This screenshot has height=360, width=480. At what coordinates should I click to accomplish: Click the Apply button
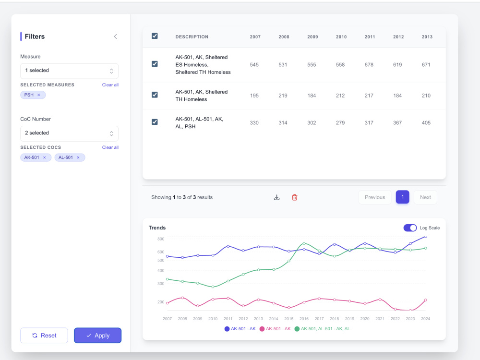[x=97, y=335]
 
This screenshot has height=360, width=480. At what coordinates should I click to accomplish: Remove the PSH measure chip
[x=38, y=95]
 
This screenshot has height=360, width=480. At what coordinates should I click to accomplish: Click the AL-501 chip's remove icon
[x=78, y=157]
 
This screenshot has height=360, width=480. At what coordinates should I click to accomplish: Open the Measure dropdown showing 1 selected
[x=69, y=71]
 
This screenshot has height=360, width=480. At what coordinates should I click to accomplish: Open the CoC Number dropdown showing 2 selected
[x=69, y=133]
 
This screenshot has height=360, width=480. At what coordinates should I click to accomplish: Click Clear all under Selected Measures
[x=110, y=85]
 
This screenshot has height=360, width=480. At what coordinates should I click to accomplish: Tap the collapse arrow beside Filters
[x=115, y=36]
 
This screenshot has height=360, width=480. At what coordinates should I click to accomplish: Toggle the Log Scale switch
[x=410, y=228]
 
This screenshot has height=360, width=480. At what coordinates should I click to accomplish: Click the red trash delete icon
[x=295, y=197]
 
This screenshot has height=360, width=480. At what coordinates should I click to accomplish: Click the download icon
[x=277, y=197]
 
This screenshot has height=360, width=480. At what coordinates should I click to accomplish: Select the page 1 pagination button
[x=403, y=197]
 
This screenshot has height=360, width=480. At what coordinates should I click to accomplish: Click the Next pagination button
[x=425, y=197]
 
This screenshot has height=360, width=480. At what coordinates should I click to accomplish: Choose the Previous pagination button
[x=375, y=197]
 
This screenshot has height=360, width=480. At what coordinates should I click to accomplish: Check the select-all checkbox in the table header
[x=155, y=36]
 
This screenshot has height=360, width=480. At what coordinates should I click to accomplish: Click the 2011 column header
[x=370, y=37]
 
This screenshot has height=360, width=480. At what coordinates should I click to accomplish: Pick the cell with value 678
[x=369, y=65]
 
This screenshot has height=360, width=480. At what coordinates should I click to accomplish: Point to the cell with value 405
[x=426, y=123]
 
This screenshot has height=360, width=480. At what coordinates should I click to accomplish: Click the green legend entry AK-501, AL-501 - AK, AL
[x=322, y=329]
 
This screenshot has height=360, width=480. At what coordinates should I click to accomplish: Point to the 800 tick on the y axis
[x=161, y=239]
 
